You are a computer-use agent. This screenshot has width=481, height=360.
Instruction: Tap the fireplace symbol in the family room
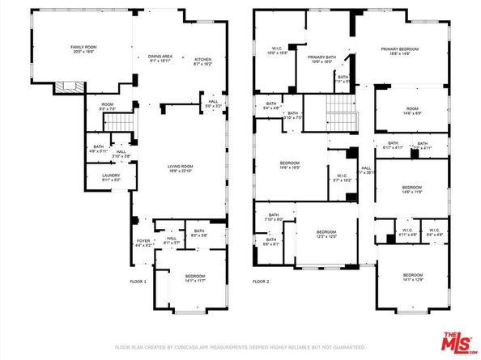(x=66, y=87)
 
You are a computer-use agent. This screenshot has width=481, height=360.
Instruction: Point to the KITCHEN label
(x=202, y=59)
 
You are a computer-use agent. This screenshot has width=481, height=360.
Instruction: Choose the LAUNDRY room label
(x=101, y=176)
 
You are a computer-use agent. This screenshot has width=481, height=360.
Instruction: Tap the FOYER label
(x=143, y=242)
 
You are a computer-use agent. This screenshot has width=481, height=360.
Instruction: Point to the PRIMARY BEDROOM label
(x=402, y=51)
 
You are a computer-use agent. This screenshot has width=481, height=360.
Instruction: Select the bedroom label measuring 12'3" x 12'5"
(x=326, y=233)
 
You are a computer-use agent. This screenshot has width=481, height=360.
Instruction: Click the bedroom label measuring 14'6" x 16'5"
(x=290, y=165)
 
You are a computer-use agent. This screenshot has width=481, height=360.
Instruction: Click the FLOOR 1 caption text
(x=138, y=282)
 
